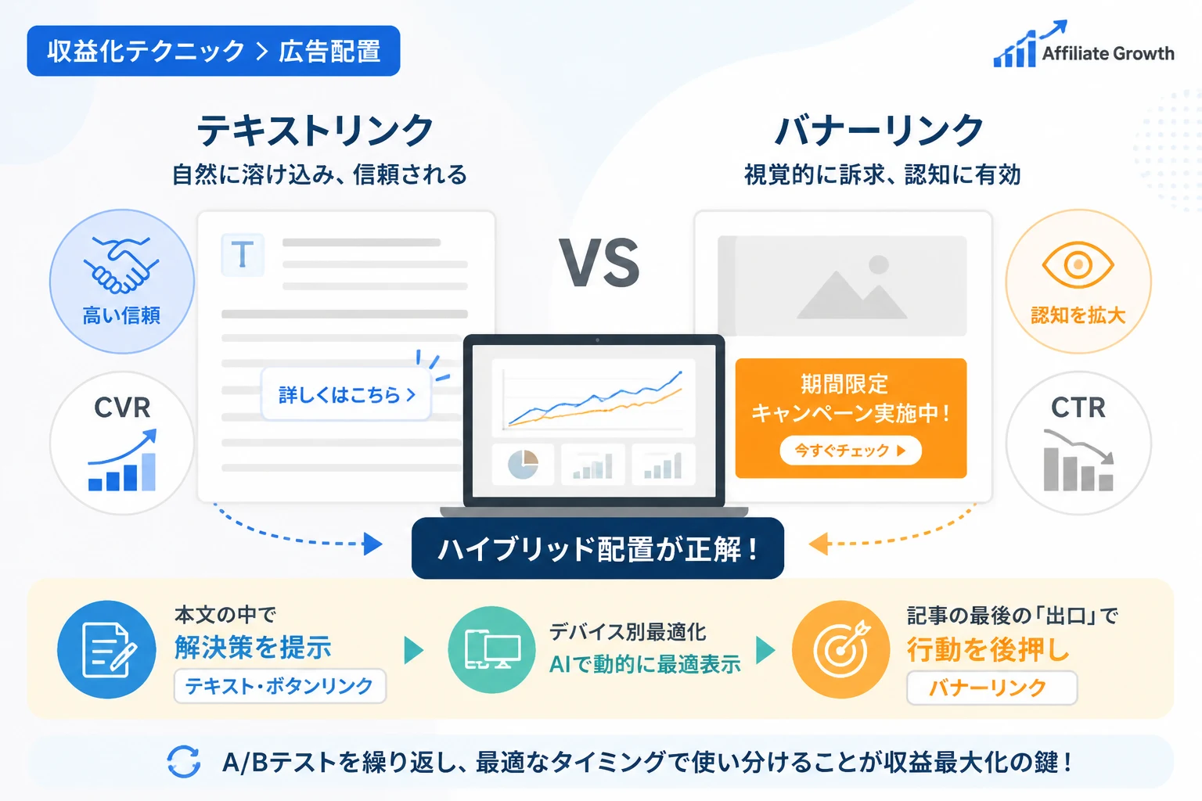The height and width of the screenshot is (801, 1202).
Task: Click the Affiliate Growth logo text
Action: (1108, 53)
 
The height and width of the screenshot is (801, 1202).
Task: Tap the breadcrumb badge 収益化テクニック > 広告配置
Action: (214, 51)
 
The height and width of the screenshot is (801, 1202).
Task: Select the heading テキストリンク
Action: (315, 131)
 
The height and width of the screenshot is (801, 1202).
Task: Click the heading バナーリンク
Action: (879, 131)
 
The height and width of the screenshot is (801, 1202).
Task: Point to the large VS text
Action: (599, 263)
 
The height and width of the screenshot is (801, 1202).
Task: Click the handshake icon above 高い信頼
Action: (121, 265)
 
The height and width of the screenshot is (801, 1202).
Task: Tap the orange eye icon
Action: (1078, 265)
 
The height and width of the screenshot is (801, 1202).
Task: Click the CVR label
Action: (122, 408)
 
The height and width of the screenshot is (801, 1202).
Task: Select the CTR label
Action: (1078, 408)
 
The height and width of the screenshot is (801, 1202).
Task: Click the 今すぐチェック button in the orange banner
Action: (851, 451)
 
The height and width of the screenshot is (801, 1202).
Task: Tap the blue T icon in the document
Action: (243, 255)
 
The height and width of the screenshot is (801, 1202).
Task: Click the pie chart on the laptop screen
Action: (523, 465)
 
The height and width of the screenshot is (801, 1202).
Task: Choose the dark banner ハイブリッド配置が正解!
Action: (598, 548)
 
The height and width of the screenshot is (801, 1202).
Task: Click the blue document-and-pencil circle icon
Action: (106, 650)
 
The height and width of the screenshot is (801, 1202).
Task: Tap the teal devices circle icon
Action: (491, 650)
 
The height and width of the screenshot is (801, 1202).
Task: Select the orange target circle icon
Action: (841, 650)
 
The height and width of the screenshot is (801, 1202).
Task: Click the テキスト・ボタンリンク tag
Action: (280, 686)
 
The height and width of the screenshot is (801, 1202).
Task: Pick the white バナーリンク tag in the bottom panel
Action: (991, 688)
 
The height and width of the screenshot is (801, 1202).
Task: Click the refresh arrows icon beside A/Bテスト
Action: (184, 761)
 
